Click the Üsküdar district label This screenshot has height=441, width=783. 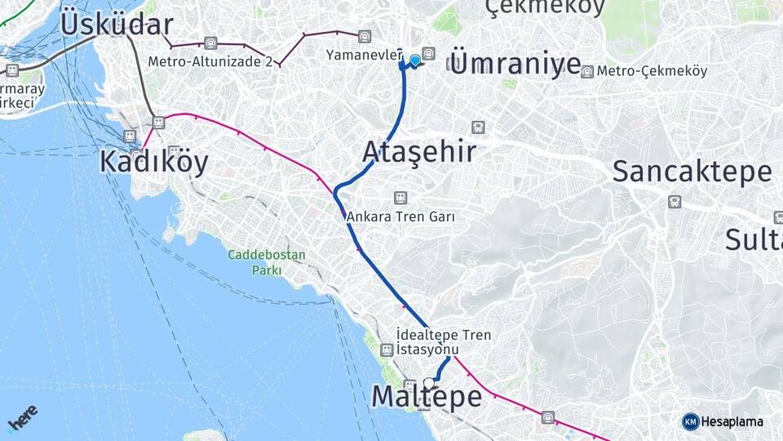coord(117,24)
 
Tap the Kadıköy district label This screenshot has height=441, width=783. coord(153,162)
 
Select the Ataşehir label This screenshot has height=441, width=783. coord(418,152)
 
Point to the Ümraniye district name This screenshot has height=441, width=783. coord(515,65)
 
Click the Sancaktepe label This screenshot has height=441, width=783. coord(692,171)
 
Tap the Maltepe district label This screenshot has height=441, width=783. coord(427,397)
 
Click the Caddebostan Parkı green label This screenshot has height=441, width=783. coord(267,262)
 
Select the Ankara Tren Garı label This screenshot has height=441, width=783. coord(400,216)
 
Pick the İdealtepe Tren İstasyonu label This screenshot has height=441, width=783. coord(443,342)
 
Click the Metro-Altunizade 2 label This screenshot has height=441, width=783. coord(210,61)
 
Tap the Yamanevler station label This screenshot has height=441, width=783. coord(364,56)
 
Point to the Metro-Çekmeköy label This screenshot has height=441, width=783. coord(652,71)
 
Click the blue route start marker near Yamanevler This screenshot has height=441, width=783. coord(415,60)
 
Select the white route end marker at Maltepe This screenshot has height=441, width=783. coord(429,382)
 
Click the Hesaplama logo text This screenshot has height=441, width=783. coord(732,421)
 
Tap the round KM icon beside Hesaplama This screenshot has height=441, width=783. coord(691,421)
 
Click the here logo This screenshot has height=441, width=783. coord(22,419)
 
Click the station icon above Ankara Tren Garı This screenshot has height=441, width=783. coord(400,198)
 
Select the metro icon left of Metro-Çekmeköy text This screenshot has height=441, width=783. coord(586,72)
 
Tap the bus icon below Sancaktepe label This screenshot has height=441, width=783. coord(675,202)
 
